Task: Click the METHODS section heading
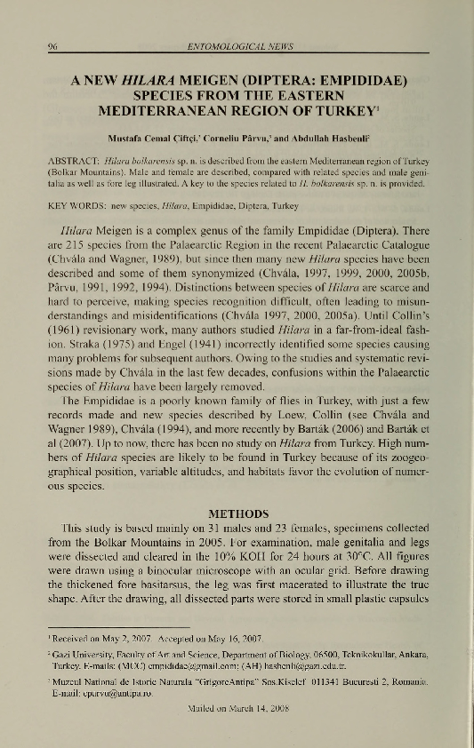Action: point(237,513)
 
